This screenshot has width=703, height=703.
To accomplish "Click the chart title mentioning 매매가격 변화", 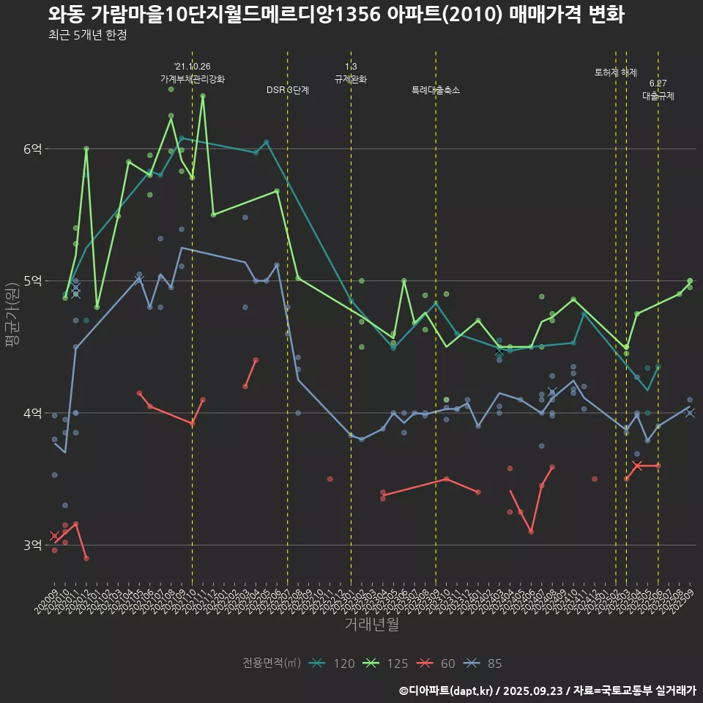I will pyautogui.click(x=336, y=15).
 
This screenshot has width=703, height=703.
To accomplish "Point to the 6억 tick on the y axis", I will pyautogui.click(x=32, y=149).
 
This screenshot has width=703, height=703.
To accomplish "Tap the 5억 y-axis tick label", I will pyautogui.click(x=32, y=281).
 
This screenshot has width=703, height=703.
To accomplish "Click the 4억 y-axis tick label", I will pyautogui.click(x=32, y=413).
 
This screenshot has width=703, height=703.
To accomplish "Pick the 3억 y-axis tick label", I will pyautogui.click(x=32, y=546).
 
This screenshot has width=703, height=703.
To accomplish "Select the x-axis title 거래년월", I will pyautogui.click(x=372, y=625).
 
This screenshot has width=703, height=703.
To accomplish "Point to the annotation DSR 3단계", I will pyautogui.click(x=288, y=90).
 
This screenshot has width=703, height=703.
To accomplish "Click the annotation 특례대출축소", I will pyautogui.click(x=436, y=90).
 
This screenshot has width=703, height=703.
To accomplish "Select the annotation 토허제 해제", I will pyautogui.click(x=616, y=72).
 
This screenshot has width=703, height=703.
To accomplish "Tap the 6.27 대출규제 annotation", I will pyautogui.click(x=658, y=89).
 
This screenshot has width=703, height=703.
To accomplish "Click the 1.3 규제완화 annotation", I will pyautogui.click(x=351, y=73).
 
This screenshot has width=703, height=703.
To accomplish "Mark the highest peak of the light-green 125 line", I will pyautogui.click(x=203, y=95).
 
